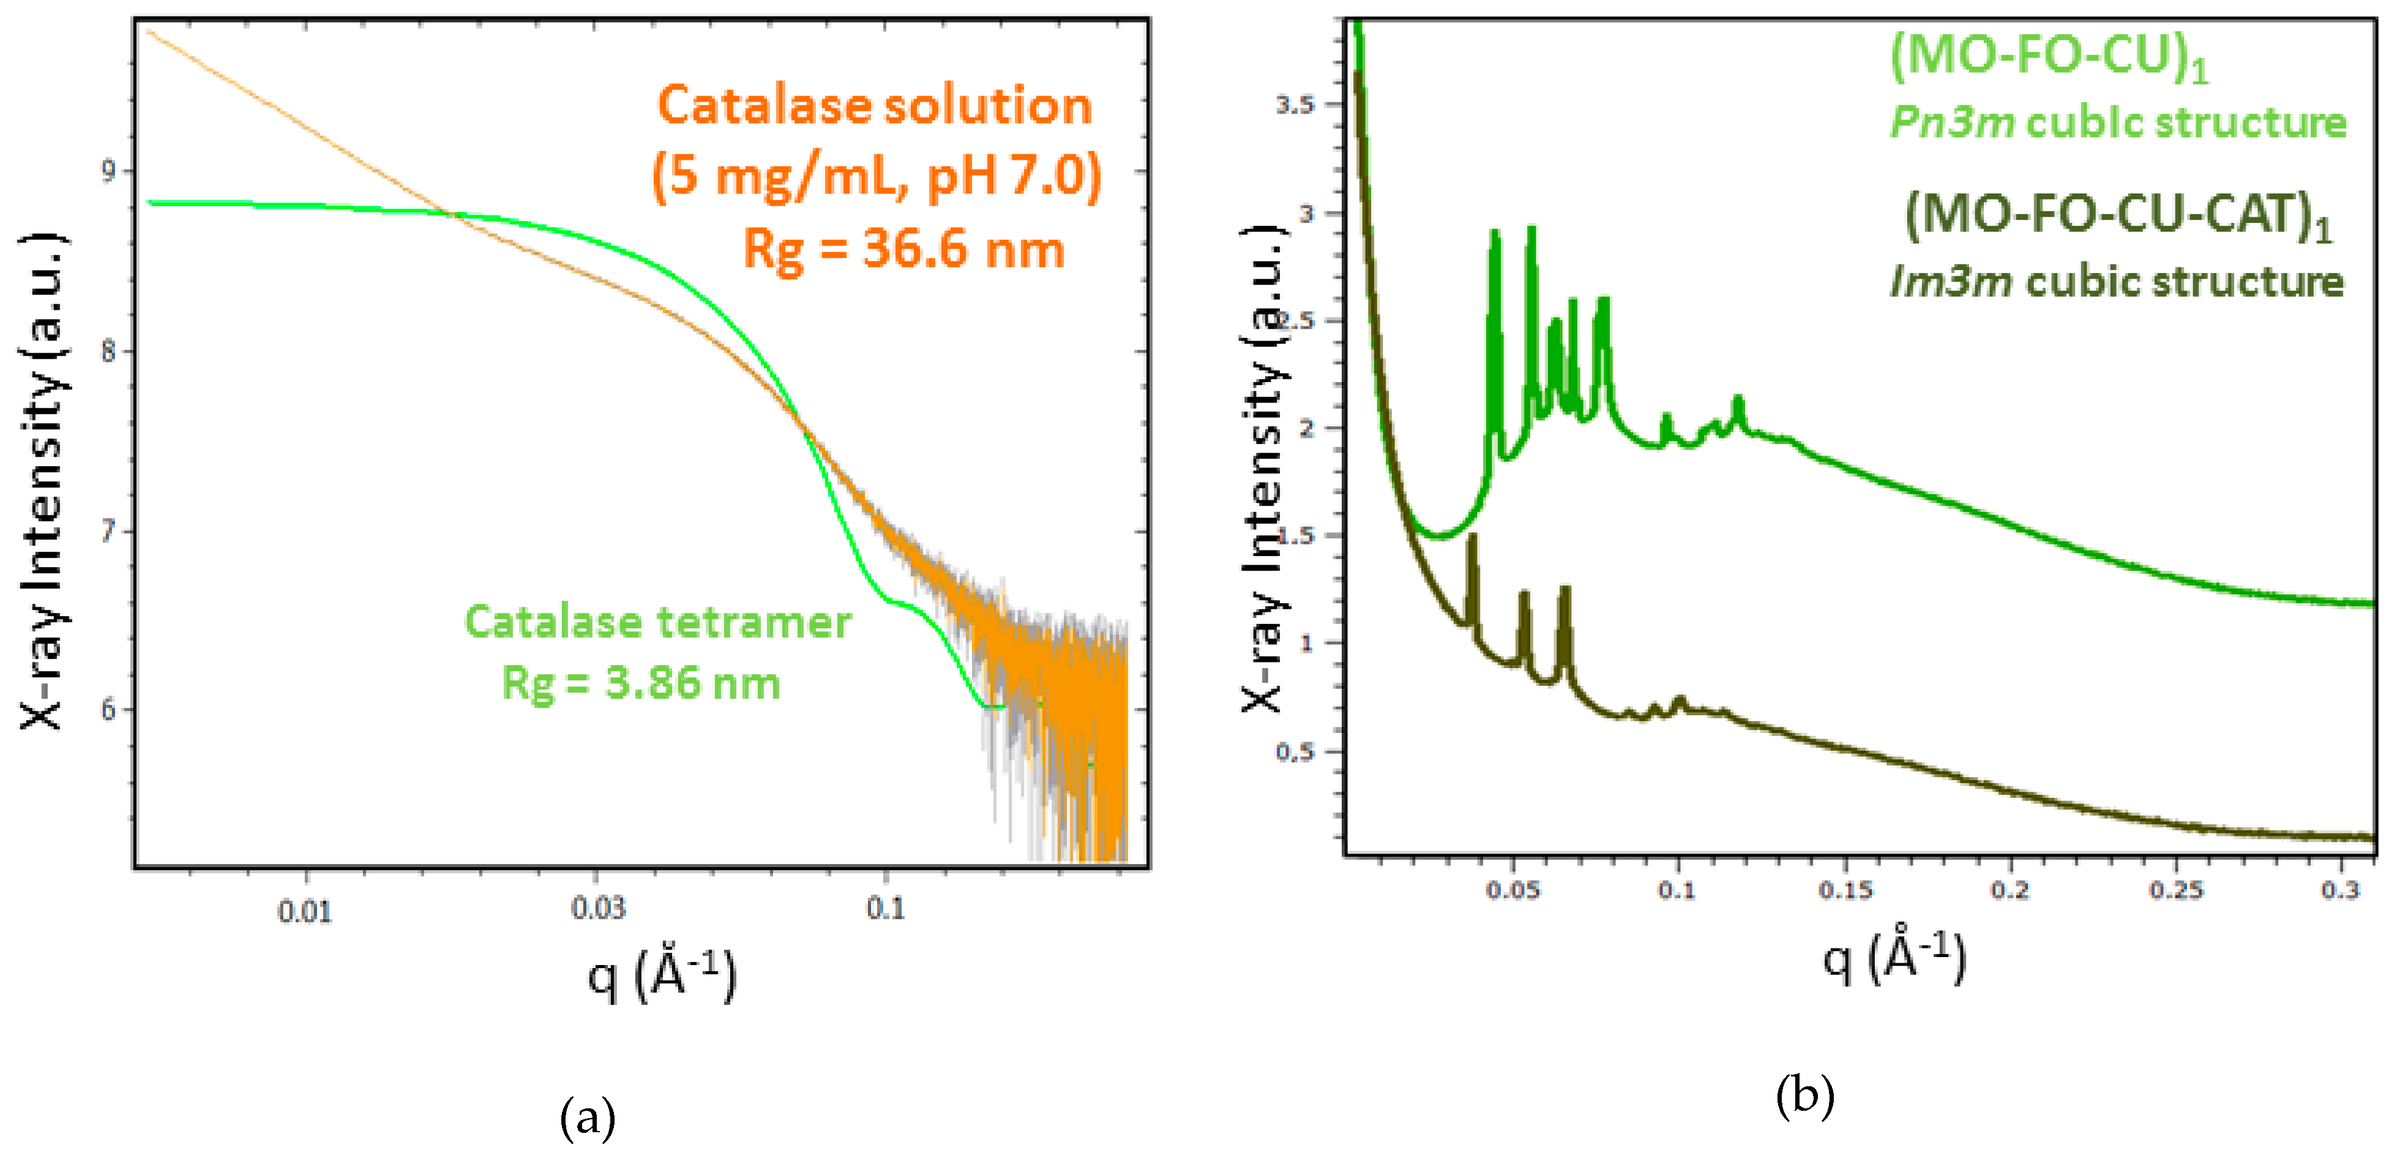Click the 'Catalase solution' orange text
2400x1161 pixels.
point(874,105)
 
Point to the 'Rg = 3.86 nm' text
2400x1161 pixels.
point(641,683)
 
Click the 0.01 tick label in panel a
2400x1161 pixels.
point(305,911)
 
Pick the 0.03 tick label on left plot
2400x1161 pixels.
point(597,907)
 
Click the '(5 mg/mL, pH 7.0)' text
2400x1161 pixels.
point(876,176)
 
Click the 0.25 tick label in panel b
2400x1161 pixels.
point(2175,890)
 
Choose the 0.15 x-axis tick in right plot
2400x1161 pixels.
point(1845,890)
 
